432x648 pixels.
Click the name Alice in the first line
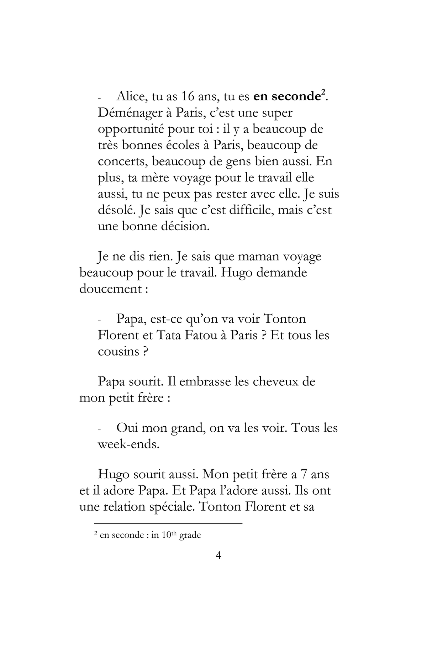click(x=132, y=96)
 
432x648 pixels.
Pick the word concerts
click(x=123, y=162)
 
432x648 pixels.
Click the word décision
click(x=185, y=226)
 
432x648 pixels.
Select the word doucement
click(x=111, y=289)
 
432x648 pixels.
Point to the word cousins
click(x=118, y=352)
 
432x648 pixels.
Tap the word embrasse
click(x=205, y=381)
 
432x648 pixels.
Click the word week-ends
click(x=128, y=444)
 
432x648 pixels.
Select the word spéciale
click(x=168, y=507)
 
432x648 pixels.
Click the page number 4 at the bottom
click(x=218, y=555)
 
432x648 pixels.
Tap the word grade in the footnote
click(x=190, y=535)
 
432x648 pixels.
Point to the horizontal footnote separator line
click(x=168, y=523)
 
